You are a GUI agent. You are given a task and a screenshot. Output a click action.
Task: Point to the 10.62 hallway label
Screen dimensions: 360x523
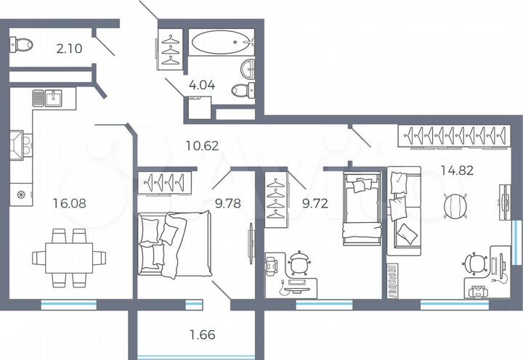pos(203,145)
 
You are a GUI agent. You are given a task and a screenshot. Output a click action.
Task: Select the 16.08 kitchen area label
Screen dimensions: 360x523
pos(69,203)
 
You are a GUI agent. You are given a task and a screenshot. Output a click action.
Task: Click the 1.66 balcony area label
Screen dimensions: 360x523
pos(203,335)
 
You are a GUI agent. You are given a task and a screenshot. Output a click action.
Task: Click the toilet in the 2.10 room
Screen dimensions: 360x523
pos(22,45)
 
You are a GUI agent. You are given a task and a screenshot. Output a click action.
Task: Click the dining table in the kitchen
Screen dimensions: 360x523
pos(69,256)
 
